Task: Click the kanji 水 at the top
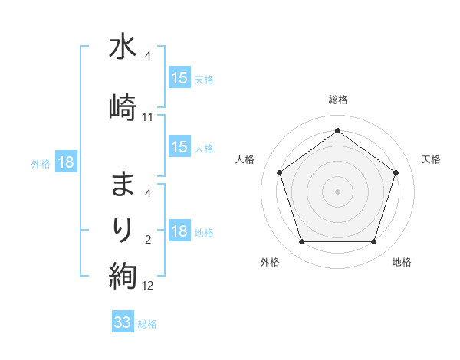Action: (x=123, y=47)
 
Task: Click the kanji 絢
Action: (x=123, y=274)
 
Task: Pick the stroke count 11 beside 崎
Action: (x=148, y=117)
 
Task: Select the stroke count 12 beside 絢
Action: (x=148, y=286)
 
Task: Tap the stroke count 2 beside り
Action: (x=148, y=241)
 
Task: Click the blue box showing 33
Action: (x=123, y=322)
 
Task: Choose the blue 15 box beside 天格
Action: (x=179, y=78)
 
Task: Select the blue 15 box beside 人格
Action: (x=179, y=147)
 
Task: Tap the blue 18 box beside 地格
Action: (x=179, y=232)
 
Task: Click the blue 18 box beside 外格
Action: (x=65, y=162)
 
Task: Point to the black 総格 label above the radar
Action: (x=338, y=100)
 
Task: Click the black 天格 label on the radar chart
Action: (x=432, y=159)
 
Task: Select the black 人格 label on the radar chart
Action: (x=245, y=159)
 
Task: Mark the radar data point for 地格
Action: (x=374, y=242)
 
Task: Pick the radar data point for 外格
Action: (x=301, y=242)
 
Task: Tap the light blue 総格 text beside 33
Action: (x=147, y=324)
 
